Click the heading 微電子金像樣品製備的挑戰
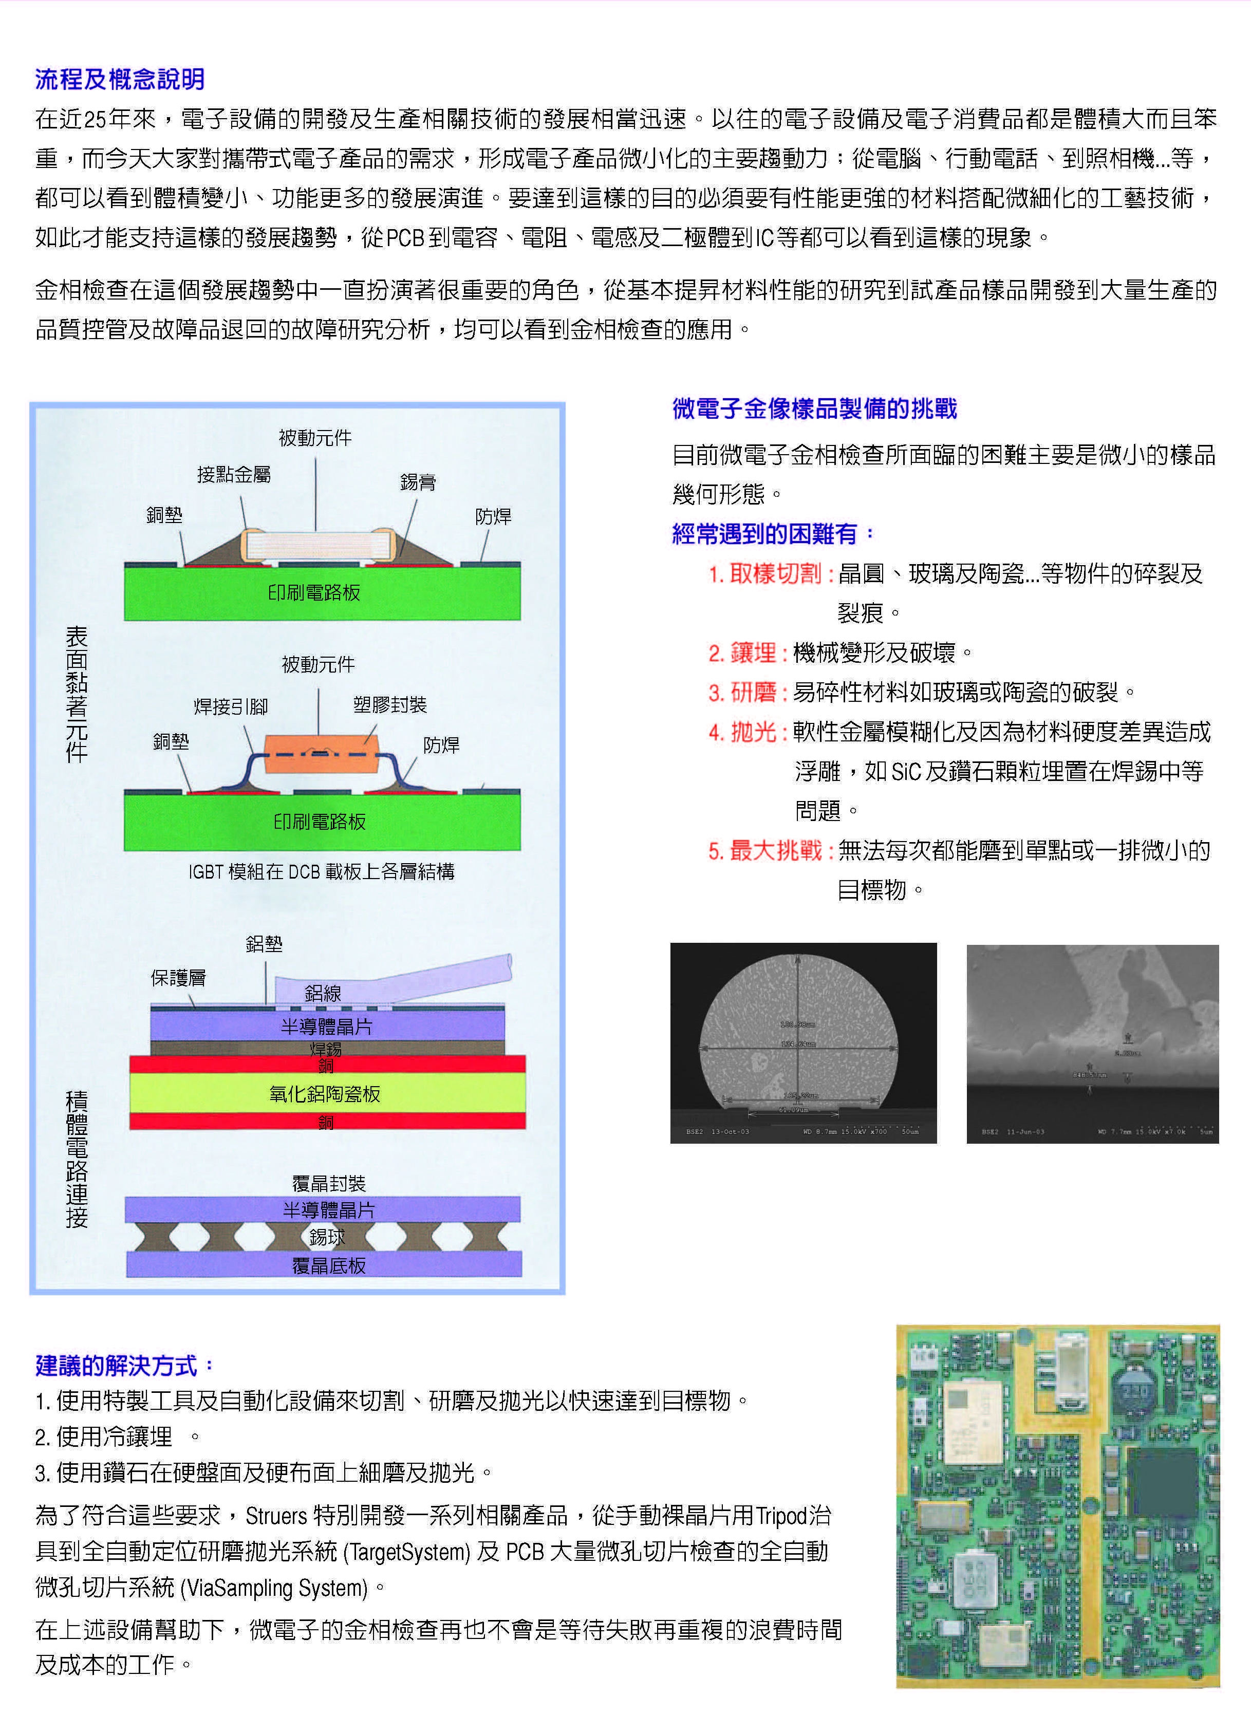pyautogui.click(x=814, y=409)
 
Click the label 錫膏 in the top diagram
pyautogui.click(x=418, y=482)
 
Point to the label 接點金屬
pyautogui.click(x=234, y=475)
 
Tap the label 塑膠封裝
pyautogui.click(x=390, y=704)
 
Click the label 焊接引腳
pyautogui.click(x=231, y=707)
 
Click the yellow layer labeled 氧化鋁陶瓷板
pyautogui.click(x=327, y=1093)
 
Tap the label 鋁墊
pyautogui.click(x=265, y=944)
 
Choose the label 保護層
pyautogui.click(x=178, y=978)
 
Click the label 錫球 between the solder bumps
pyautogui.click(x=327, y=1237)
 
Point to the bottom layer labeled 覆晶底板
pyautogui.click(x=329, y=1266)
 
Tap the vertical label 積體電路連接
pyautogui.click(x=77, y=1159)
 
